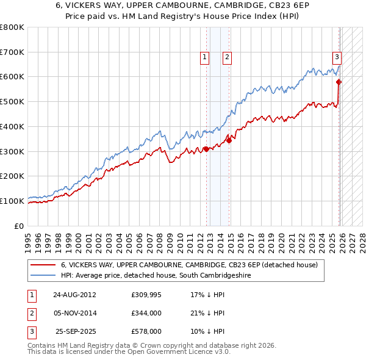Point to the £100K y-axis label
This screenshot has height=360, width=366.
point(12,201)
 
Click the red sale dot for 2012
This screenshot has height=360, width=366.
point(206,148)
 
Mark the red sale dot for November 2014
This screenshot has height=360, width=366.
point(229,140)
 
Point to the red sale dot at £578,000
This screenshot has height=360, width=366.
point(339,82)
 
